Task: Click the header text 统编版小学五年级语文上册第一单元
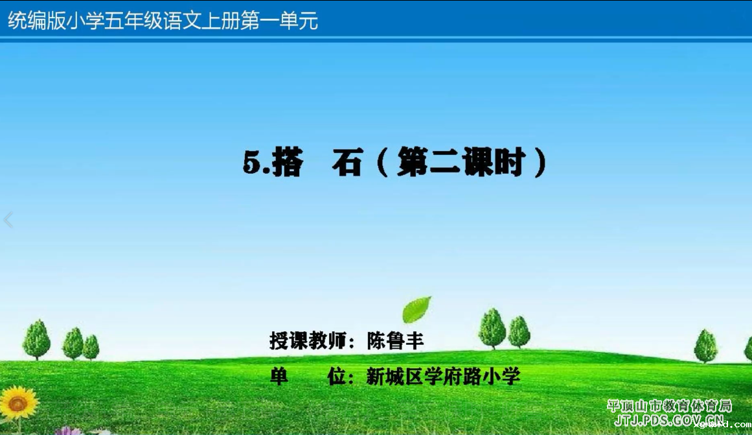[163, 21]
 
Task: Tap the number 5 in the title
[252, 162]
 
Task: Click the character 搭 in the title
[288, 162]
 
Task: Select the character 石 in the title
[347, 162]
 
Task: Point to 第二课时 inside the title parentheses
[461, 162]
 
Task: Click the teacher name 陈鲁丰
[396, 340]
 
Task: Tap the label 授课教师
[308, 340]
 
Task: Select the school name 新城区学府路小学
[443, 377]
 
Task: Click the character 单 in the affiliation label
[279, 377]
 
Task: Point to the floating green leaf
[416, 310]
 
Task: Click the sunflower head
[18, 403]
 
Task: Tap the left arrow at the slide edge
[8, 220]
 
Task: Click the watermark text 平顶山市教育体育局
[670, 406]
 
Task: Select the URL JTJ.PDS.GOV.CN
[670, 421]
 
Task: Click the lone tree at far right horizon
[706, 346]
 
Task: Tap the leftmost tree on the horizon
[36, 340]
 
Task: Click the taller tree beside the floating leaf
[492, 329]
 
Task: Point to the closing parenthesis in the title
[541, 162]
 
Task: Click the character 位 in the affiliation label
[337, 377]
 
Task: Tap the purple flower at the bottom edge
[69, 431]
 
